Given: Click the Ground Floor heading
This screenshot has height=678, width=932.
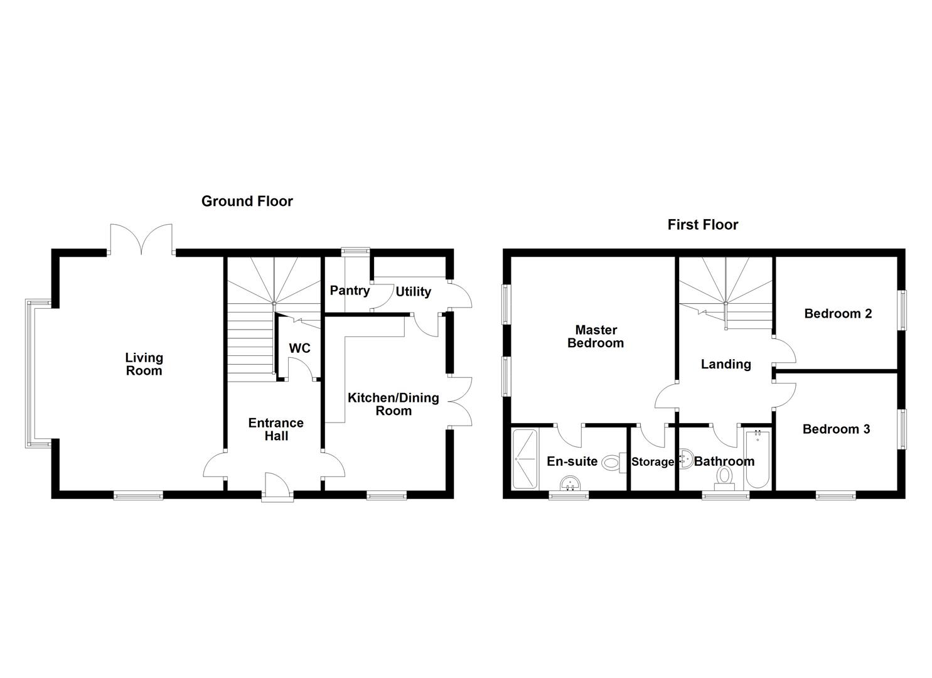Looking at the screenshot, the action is coord(247,202).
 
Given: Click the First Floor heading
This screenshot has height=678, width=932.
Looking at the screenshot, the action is coord(703,225).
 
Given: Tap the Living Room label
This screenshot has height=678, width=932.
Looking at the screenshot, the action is coord(144,364).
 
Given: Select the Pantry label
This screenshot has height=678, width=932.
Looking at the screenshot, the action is coord(350,291).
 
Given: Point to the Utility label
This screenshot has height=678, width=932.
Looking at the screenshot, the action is coord(413,292).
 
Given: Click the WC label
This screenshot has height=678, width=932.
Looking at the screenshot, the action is coord(299,348).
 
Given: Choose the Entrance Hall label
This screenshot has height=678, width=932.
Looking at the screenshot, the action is coord(276,429).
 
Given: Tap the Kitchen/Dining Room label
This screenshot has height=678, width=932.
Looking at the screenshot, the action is coord(393,404).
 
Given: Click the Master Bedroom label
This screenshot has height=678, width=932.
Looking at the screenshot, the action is coord(596,336).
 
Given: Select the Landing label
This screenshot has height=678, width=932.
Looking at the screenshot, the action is coord(726,364).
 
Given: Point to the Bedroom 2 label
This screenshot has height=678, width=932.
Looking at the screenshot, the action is coord(838,313).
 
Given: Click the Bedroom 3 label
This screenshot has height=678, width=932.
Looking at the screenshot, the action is coord(837,429).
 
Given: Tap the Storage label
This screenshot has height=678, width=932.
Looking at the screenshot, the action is coord(653,462).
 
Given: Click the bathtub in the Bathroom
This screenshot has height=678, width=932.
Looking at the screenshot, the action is coord(758,459).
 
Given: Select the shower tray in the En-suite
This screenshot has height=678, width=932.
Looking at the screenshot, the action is coord(525,459).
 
